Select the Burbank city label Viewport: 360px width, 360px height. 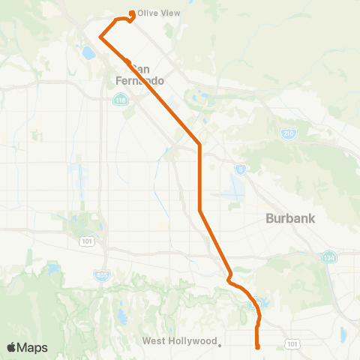[291, 219]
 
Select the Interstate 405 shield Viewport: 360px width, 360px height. [101, 274]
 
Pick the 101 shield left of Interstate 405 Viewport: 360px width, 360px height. [85, 241]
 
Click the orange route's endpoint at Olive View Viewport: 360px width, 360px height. [132, 13]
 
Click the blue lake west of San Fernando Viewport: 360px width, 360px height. [88, 53]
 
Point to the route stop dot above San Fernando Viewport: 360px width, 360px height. [128, 61]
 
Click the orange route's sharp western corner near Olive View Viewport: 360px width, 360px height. [100, 35]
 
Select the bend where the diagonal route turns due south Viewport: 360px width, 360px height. [199, 142]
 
